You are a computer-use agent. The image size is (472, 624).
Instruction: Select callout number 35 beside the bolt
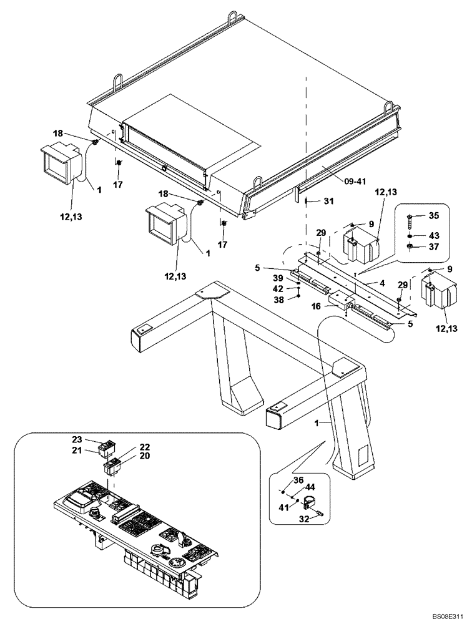click(x=433, y=215)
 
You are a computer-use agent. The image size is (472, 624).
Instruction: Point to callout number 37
click(x=433, y=246)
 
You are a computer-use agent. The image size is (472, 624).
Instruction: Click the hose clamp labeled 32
click(x=310, y=502)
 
